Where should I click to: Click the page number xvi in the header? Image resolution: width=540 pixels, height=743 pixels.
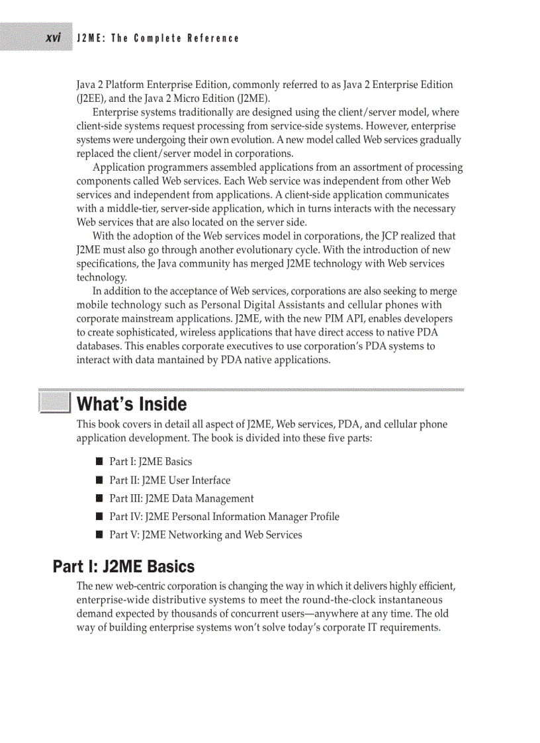[x=54, y=38]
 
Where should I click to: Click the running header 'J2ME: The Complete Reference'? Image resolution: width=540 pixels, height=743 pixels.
[x=157, y=38]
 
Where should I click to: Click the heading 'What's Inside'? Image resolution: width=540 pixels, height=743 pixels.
[x=132, y=404]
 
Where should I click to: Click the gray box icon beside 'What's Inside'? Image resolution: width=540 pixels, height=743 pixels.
[x=54, y=403]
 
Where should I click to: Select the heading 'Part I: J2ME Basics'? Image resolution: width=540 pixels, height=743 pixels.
[x=124, y=566]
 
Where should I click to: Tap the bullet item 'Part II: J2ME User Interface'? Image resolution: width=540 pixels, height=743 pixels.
[x=169, y=480]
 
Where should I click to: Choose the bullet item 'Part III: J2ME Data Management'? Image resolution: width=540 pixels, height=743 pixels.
[x=181, y=498]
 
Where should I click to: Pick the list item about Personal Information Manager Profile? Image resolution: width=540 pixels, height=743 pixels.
[x=224, y=517]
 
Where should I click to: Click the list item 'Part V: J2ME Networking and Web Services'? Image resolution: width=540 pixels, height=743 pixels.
[x=205, y=535]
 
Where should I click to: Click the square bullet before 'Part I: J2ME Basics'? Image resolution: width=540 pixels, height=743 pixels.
[x=99, y=462]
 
